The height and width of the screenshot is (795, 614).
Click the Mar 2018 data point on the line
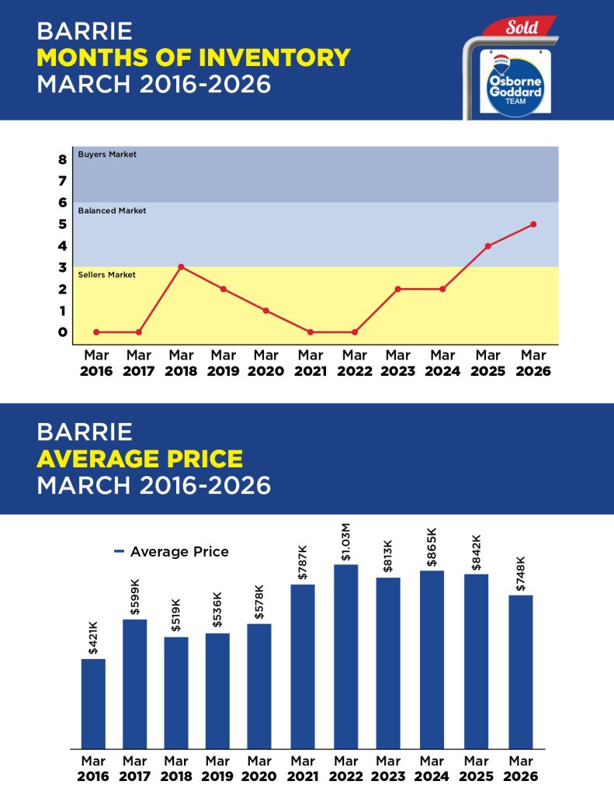click(181, 267)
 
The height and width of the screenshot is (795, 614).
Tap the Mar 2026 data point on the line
click(533, 224)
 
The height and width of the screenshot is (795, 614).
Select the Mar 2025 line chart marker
click(488, 246)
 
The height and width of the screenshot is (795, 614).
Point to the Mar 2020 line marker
click(265, 311)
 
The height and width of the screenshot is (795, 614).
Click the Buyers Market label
click(107, 154)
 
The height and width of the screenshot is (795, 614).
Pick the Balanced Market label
click(112, 210)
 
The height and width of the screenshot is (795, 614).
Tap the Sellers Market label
click(107, 275)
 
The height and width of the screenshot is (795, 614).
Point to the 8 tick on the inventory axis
click(62, 160)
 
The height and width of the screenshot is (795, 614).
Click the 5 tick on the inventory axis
click(62, 224)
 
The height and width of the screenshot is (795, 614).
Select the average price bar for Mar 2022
click(346, 656)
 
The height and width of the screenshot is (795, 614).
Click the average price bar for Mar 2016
click(93, 703)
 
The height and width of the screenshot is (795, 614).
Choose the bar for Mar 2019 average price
click(217, 690)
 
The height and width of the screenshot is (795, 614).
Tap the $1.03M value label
click(346, 541)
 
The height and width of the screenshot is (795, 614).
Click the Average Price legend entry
click(172, 552)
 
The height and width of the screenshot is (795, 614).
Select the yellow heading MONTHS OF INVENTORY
click(193, 57)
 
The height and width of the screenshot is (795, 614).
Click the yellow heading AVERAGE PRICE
click(140, 458)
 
